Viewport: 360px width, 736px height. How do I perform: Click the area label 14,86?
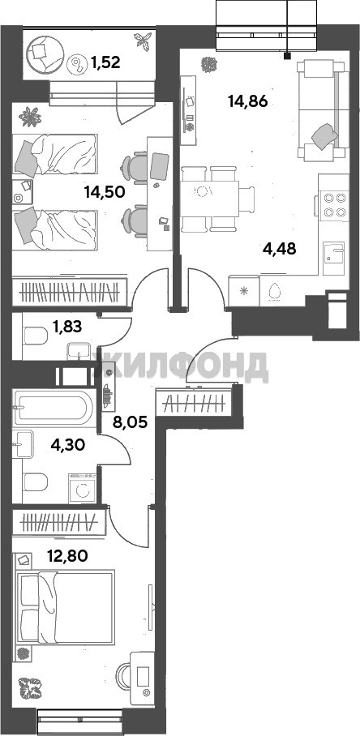click(247, 101)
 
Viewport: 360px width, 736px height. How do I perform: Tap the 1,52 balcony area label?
click(105, 62)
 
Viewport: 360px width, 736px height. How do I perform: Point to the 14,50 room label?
click(104, 192)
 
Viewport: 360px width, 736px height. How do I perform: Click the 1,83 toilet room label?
click(67, 327)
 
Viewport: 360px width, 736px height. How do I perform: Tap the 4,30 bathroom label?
click(67, 444)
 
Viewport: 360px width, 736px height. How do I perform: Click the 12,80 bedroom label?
click(67, 556)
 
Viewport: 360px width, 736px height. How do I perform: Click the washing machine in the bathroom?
click(83, 489)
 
